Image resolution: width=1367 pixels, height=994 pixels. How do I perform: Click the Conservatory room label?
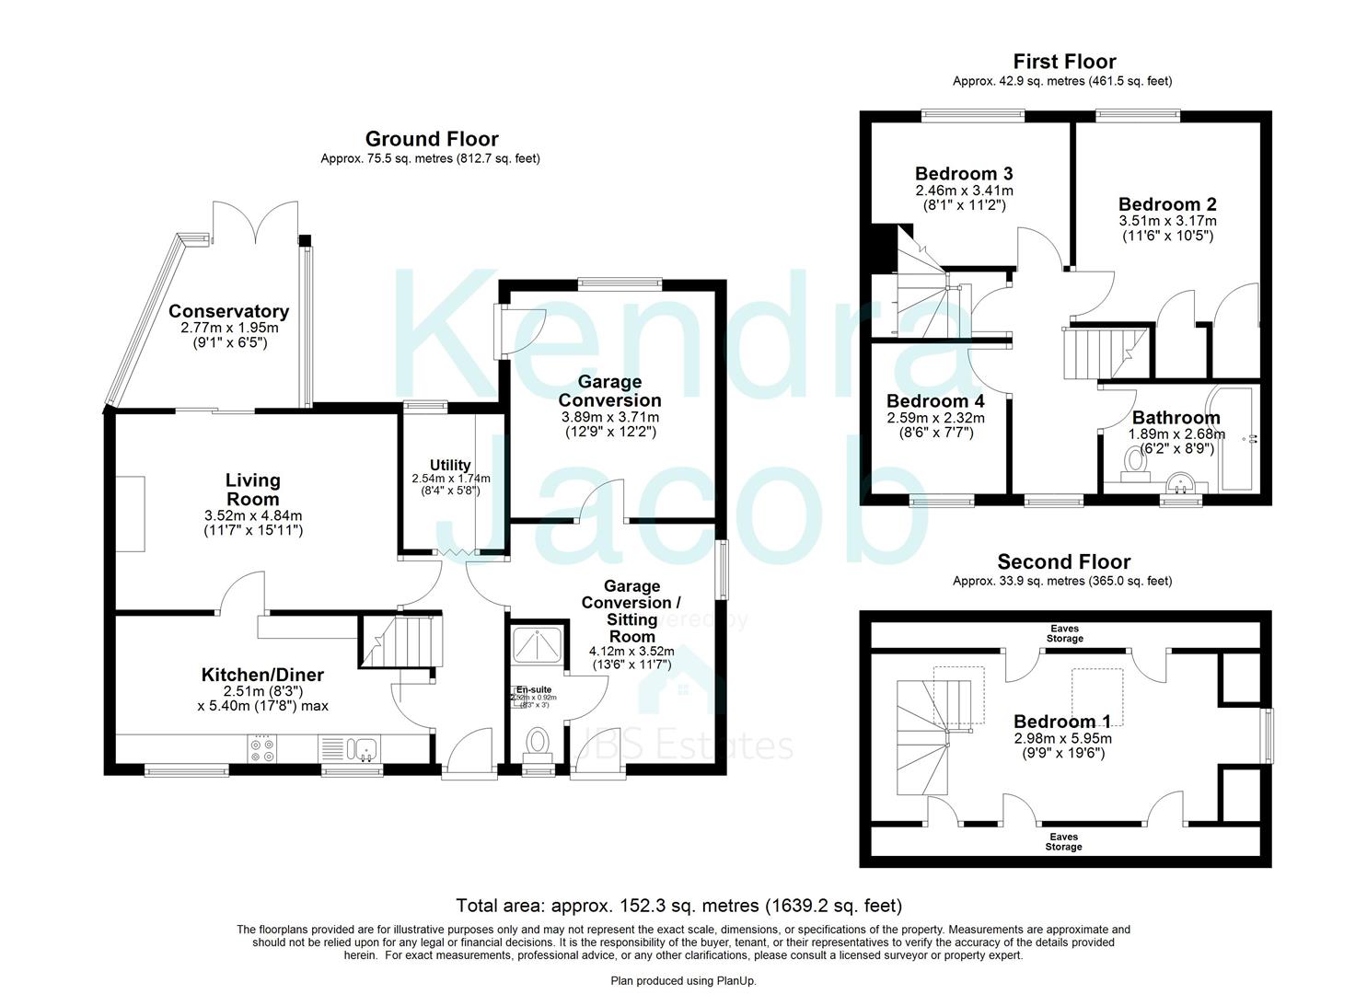(228, 312)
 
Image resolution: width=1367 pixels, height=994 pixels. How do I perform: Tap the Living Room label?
(252, 490)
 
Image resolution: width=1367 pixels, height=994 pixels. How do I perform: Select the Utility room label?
(450, 465)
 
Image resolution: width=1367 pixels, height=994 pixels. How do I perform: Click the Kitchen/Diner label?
(262, 676)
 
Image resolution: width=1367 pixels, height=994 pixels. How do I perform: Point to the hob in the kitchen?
(261, 748)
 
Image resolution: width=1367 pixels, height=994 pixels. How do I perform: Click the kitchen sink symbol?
(356, 747)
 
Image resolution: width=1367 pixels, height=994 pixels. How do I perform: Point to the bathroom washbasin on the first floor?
(1180, 482)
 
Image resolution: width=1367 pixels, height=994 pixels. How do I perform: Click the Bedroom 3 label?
(964, 174)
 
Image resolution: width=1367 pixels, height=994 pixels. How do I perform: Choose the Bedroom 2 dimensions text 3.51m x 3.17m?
(1167, 221)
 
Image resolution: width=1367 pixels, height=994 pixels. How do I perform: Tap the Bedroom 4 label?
(935, 401)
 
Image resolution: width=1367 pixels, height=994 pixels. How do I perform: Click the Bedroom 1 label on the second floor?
(1062, 721)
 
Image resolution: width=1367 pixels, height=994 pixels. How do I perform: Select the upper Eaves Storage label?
(1064, 633)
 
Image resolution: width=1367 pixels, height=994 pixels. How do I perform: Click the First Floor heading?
(1064, 62)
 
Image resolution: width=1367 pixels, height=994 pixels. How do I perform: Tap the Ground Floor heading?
(431, 139)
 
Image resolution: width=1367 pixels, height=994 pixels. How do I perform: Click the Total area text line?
(679, 906)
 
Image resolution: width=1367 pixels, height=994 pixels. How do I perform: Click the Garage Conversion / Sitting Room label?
(631, 611)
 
